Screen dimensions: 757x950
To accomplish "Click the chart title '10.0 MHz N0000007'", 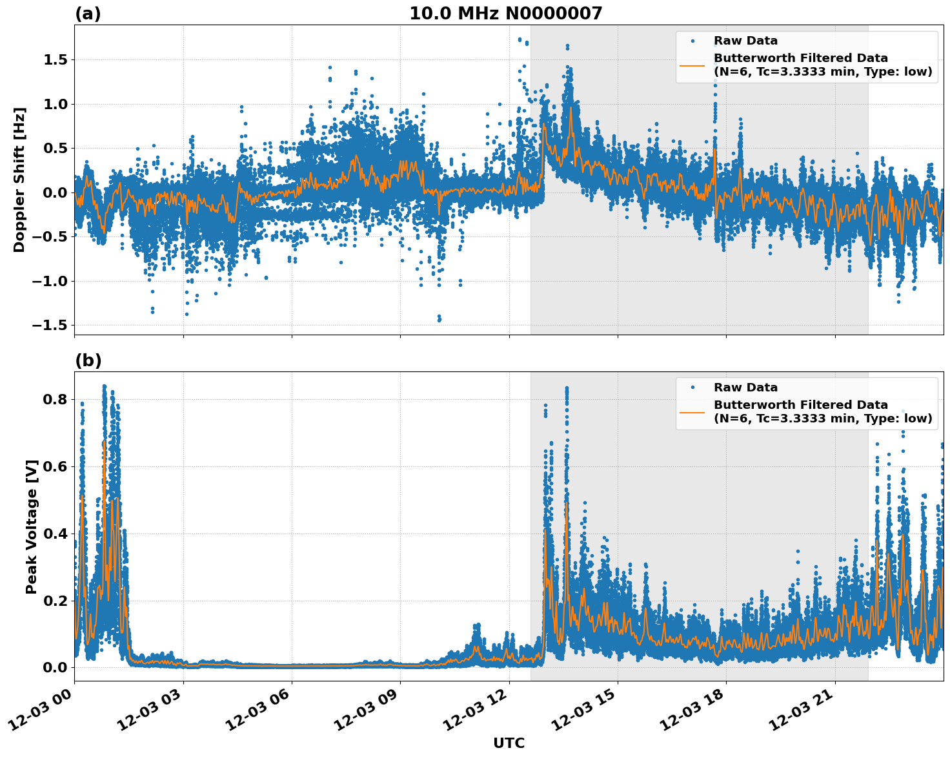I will pos(505,14).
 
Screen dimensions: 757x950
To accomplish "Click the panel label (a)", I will pos(88,14).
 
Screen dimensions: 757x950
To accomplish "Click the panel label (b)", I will pos(88,360).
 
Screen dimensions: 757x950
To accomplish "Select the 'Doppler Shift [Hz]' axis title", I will pos(19,180).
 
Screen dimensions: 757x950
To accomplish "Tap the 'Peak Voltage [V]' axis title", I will pos(32,526).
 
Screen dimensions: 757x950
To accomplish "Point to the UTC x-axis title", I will pos(509,743).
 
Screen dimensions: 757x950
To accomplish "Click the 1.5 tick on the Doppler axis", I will pos(54,60).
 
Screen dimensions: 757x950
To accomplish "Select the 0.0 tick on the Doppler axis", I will pos(54,192).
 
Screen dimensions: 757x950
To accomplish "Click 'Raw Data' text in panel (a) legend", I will pos(745,41).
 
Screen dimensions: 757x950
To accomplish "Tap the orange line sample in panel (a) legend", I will pos(692,65).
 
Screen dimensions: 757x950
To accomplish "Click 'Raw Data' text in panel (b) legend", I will pos(745,388).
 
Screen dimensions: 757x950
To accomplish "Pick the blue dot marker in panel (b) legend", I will pos(692,388).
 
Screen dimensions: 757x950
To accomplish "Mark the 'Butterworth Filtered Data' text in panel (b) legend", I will pos(800,405).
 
